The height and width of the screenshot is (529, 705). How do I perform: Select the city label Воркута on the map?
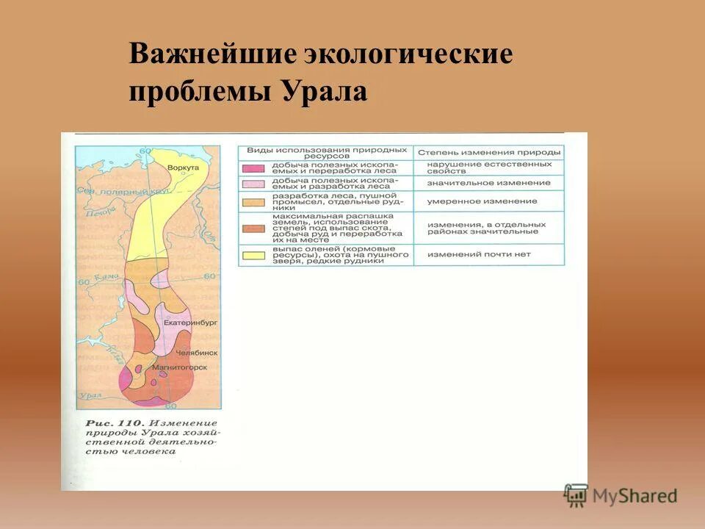click(183, 168)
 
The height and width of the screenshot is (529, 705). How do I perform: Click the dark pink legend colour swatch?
click(254, 168)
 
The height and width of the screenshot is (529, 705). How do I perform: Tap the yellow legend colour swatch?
click(254, 254)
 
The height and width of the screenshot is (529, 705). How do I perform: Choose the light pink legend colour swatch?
click(254, 183)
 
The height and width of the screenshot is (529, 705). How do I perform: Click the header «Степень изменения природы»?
click(488, 152)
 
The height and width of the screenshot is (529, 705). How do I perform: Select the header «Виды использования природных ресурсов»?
click(325, 152)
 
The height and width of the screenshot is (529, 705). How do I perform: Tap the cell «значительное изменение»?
click(488, 183)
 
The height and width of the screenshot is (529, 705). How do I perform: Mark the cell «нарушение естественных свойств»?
click(488, 168)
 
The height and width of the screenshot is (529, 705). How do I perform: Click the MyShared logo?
click(621, 496)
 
